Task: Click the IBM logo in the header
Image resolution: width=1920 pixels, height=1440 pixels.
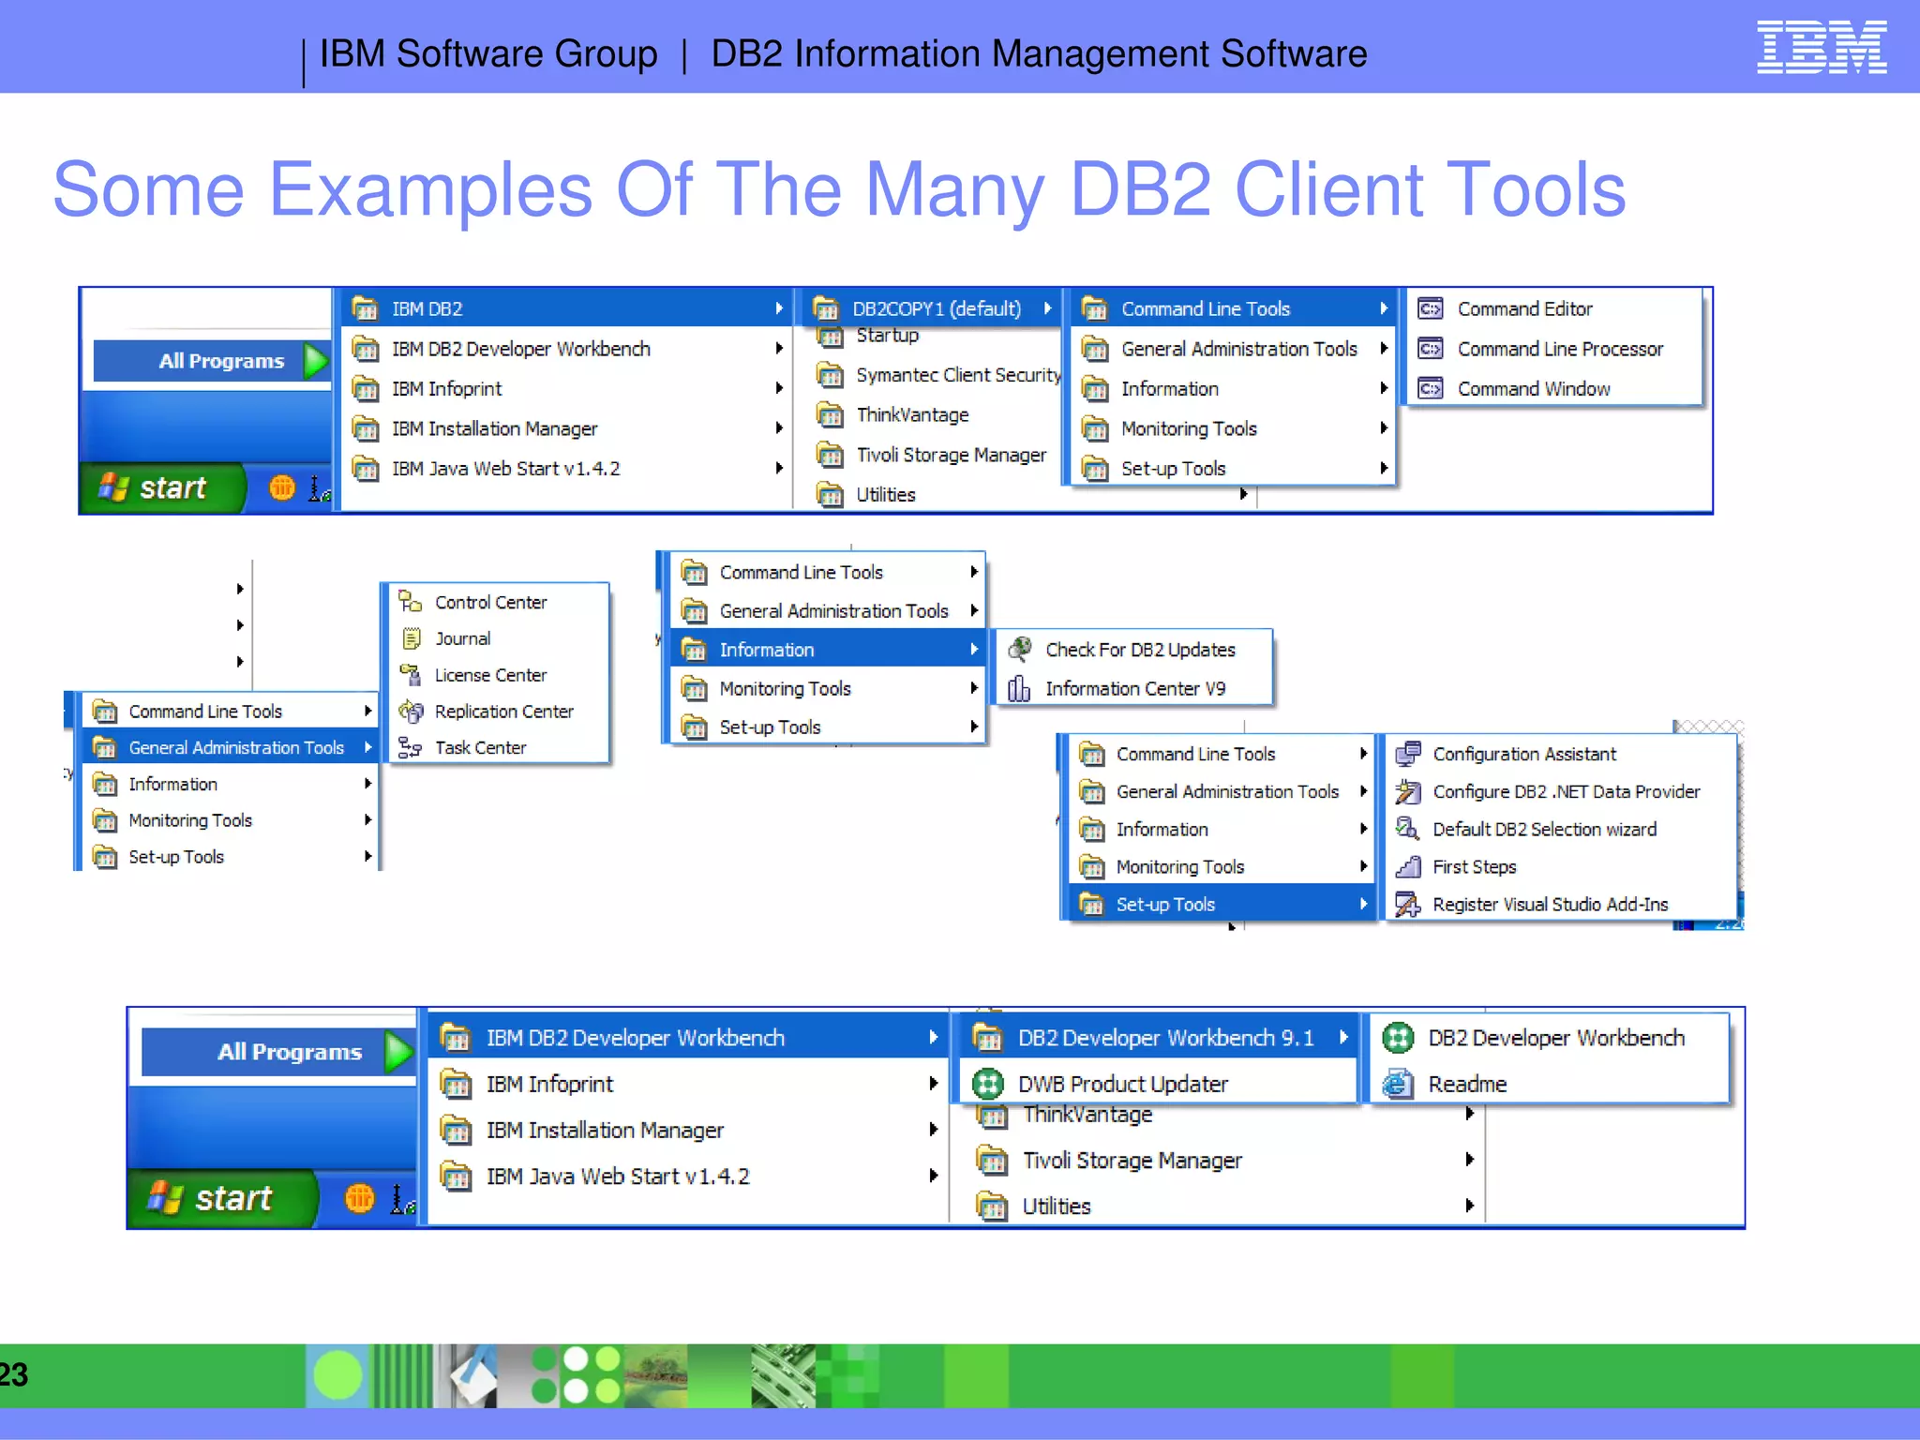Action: (1821, 47)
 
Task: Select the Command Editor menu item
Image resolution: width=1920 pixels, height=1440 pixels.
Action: (1523, 309)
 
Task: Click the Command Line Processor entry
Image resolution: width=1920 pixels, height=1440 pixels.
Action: (1559, 350)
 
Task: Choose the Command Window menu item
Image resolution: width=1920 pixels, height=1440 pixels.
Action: (1533, 389)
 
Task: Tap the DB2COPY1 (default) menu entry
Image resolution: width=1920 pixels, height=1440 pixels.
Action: (935, 309)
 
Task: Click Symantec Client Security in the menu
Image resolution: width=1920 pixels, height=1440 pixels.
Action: (956, 375)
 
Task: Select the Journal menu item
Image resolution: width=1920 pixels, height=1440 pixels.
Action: (462, 639)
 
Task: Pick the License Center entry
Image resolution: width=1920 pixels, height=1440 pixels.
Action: (489, 676)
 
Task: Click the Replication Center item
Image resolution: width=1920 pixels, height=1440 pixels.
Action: (502, 712)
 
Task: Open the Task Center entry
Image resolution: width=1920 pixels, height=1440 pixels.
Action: (480, 748)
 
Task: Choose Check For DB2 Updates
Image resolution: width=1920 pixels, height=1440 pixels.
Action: (1139, 651)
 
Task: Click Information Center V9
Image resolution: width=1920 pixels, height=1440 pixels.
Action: (1134, 689)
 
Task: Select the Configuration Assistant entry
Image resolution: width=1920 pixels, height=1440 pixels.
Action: (1523, 755)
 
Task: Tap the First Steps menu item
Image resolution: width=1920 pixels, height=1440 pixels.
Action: (1474, 867)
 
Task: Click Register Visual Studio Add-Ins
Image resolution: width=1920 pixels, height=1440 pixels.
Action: (1549, 905)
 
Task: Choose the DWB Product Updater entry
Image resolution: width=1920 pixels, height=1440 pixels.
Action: (1122, 1085)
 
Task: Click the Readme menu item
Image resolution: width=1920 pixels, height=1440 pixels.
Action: (1466, 1085)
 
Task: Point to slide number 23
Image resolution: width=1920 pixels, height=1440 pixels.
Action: (13, 1375)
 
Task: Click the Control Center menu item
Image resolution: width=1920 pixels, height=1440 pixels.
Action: (489, 603)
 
